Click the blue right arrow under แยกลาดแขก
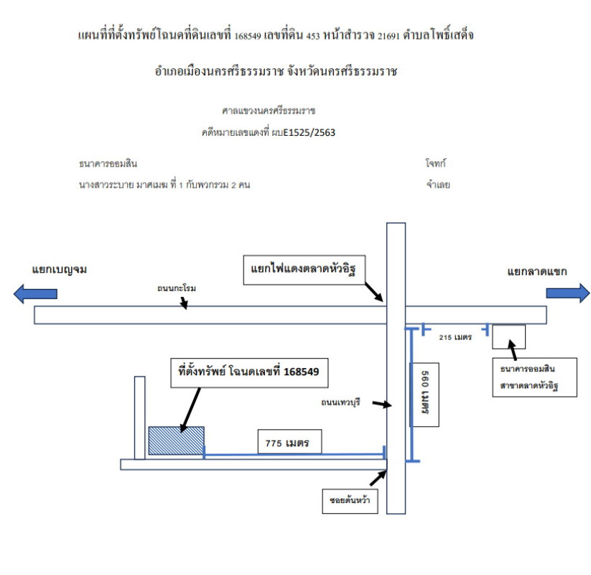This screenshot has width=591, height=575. click(567, 293)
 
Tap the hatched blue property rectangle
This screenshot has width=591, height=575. click(176, 440)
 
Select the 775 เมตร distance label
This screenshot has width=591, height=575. click(287, 443)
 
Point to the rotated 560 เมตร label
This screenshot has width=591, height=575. click(424, 394)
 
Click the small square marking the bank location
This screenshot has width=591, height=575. click(508, 336)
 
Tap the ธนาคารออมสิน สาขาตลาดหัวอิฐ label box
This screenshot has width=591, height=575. click(529, 377)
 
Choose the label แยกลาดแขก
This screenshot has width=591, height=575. click(537, 272)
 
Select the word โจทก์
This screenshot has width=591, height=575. click(436, 165)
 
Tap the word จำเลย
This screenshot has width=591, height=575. click(437, 185)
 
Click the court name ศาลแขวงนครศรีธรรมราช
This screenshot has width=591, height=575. click(269, 111)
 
